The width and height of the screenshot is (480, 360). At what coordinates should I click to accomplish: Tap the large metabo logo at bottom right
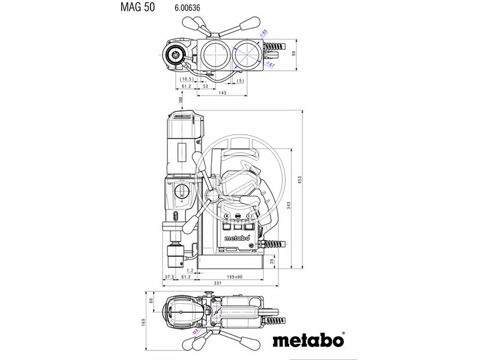[310, 340]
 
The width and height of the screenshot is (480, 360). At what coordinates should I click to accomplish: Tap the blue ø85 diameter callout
[263, 33]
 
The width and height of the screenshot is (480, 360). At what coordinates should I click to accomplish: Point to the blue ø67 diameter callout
[270, 64]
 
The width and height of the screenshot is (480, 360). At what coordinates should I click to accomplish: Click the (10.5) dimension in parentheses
[186, 79]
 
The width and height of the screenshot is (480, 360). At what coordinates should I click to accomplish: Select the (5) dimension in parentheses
[240, 80]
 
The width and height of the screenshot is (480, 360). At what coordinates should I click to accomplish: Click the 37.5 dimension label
[169, 277]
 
